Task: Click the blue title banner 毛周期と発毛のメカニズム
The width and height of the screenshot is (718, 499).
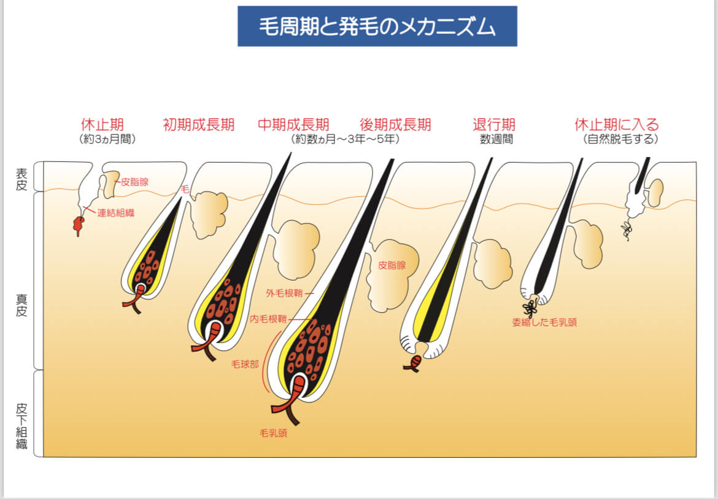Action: click(x=377, y=26)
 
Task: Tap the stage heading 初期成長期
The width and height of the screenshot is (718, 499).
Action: click(x=198, y=125)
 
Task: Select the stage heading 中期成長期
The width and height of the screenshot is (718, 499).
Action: click(x=293, y=125)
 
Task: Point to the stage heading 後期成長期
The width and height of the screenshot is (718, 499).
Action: click(x=395, y=125)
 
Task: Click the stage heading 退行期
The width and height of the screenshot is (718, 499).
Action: click(x=494, y=125)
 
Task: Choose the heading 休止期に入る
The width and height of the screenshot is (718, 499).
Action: click(x=617, y=125)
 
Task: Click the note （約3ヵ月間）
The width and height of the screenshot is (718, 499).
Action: click(x=107, y=139)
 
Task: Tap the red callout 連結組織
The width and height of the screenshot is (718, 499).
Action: click(x=116, y=213)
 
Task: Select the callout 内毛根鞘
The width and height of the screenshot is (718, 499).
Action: click(x=268, y=319)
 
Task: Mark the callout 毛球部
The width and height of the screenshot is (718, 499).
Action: click(x=244, y=364)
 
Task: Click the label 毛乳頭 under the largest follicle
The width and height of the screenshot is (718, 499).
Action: click(x=273, y=433)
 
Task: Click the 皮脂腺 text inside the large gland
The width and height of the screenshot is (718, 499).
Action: click(x=392, y=265)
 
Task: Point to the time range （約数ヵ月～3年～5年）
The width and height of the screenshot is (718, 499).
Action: click(x=346, y=139)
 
